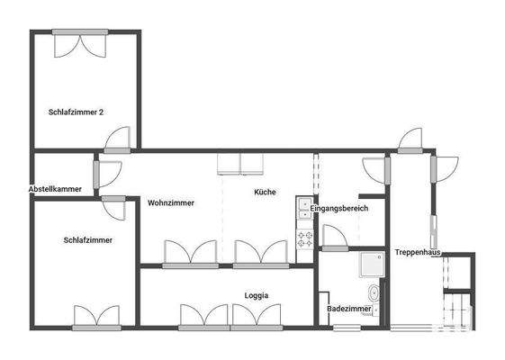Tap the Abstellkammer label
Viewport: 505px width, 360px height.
(55, 189)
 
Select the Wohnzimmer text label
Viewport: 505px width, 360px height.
(171, 202)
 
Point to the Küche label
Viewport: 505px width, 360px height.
(265, 192)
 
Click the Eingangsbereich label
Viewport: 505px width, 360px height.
(340, 209)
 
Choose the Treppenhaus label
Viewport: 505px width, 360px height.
(416, 253)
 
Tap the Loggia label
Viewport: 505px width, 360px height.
(257, 295)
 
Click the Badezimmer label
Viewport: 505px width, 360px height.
(348, 309)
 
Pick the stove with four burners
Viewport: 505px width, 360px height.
(304, 239)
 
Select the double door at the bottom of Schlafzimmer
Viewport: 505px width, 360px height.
(96, 317)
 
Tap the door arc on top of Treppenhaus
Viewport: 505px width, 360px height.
(410, 140)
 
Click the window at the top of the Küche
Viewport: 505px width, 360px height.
(239, 163)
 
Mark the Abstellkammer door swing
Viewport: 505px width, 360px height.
(107, 173)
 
